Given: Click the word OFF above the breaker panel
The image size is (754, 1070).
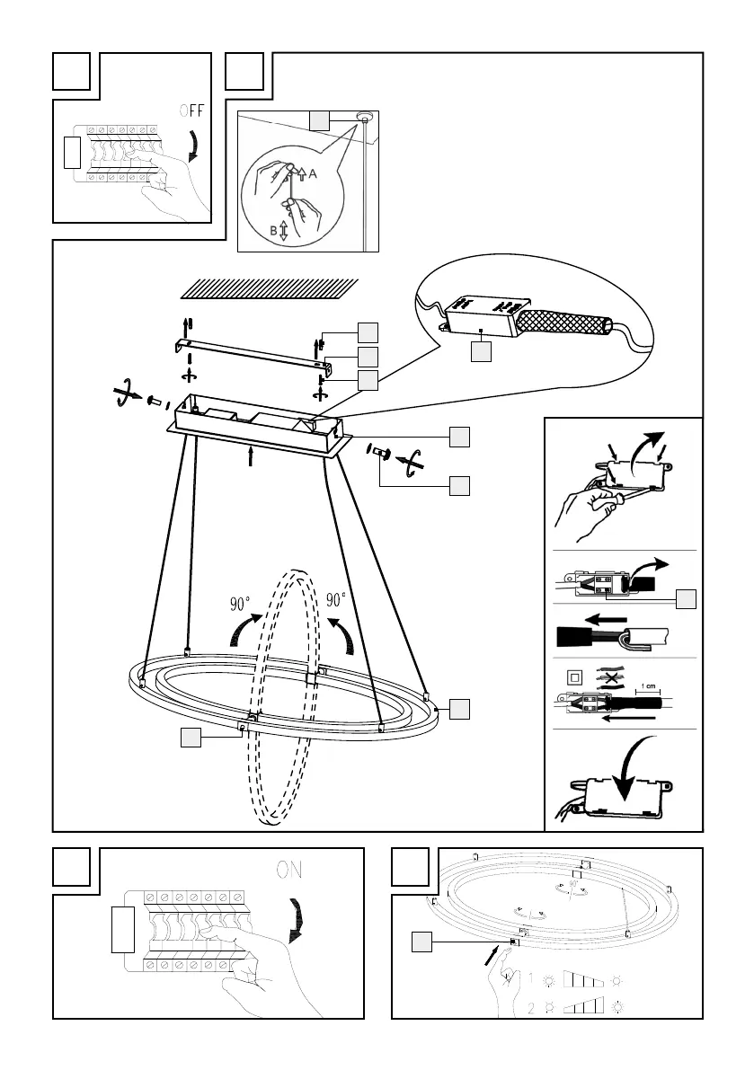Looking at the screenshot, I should pyautogui.click(x=191, y=111).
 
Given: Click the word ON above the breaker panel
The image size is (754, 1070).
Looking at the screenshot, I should pyautogui.click(x=288, y=871).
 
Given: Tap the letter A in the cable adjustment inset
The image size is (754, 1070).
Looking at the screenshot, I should pyautogui.click(x=312, y=176).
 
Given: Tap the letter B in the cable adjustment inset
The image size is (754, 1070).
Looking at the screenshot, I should pyautogui.click(x=272, y=231).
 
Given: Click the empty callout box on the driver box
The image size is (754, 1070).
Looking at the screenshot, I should pyautogui.click(x=482, y=352).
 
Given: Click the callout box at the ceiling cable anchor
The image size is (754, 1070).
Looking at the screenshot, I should pyautogui.click(x=319, y=119).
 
